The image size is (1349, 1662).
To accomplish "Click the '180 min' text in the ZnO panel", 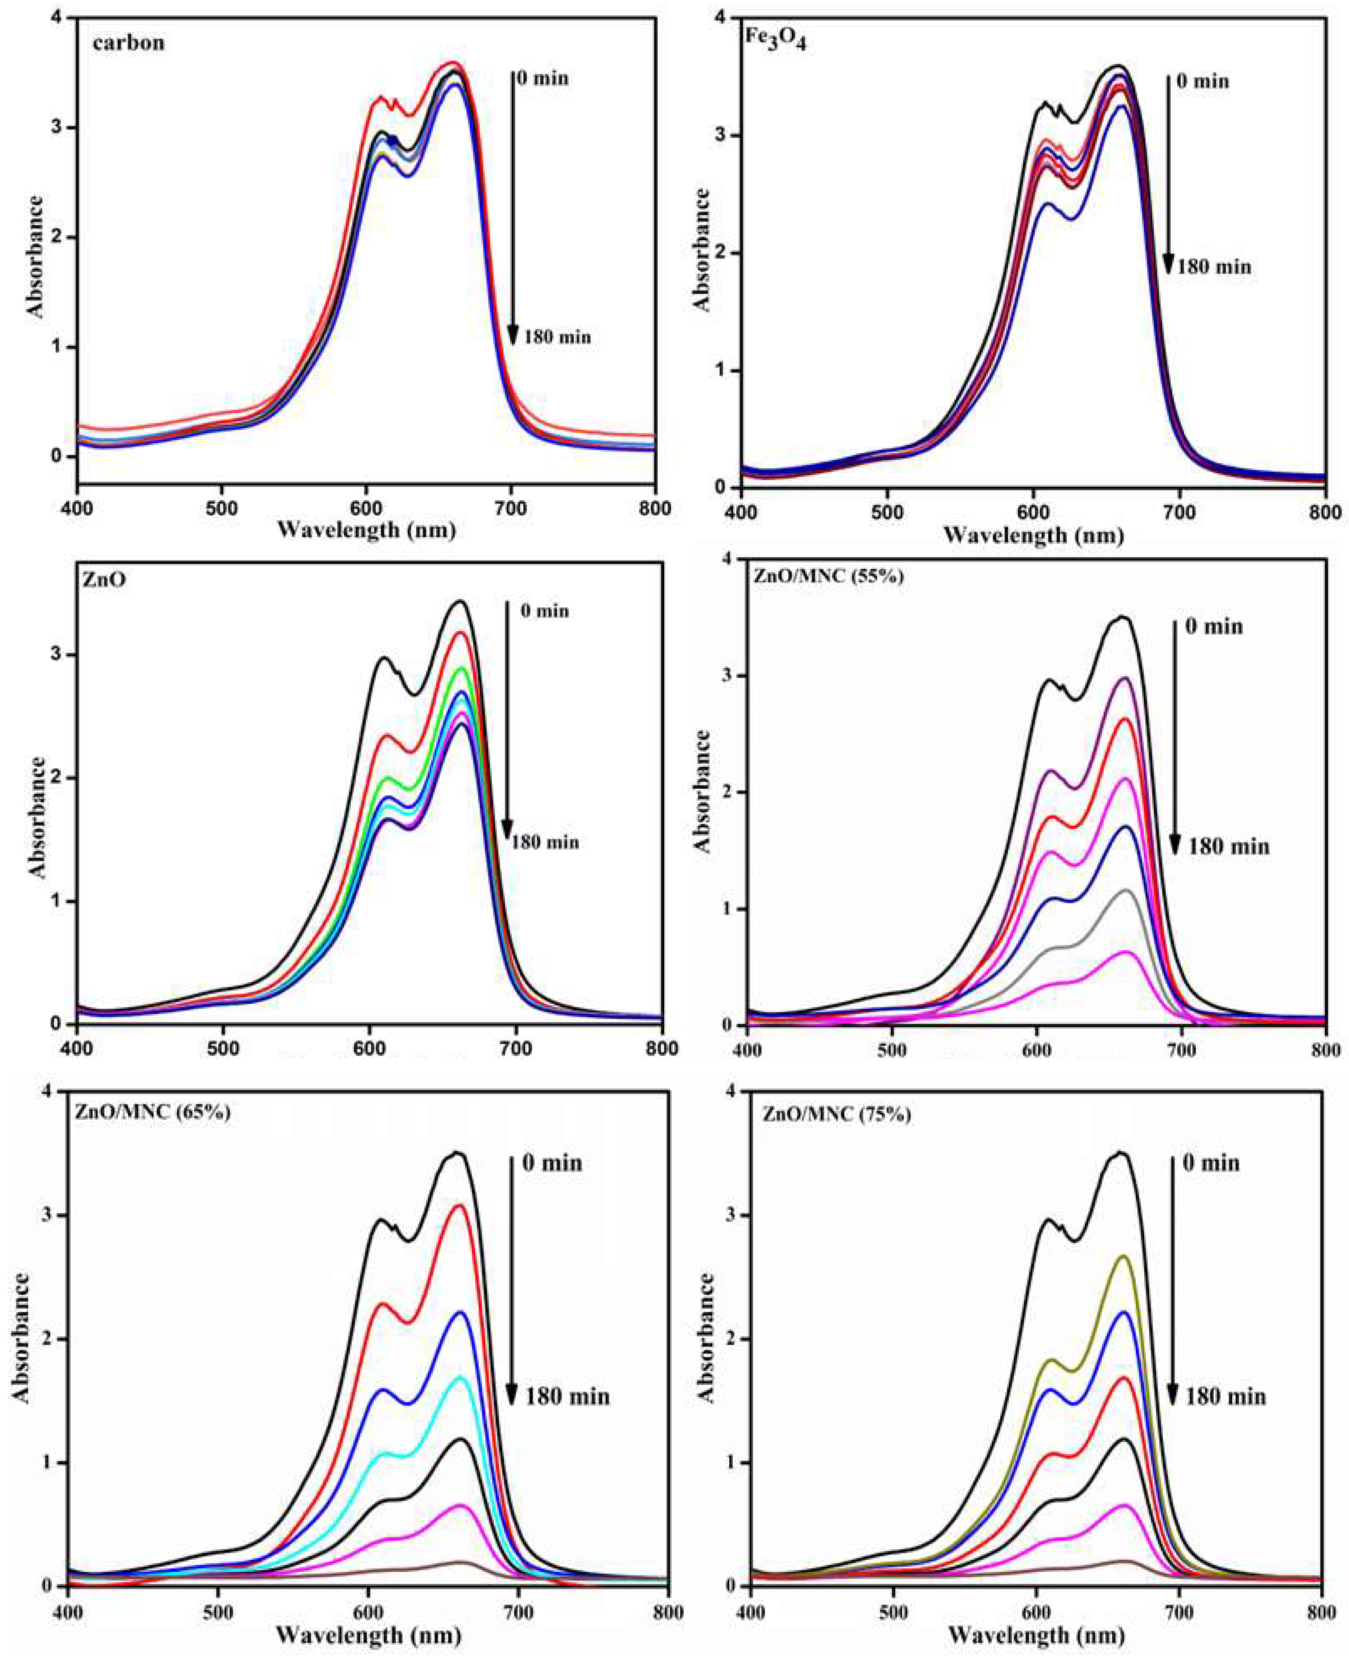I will pyautogui.click(x=544, y=842).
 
